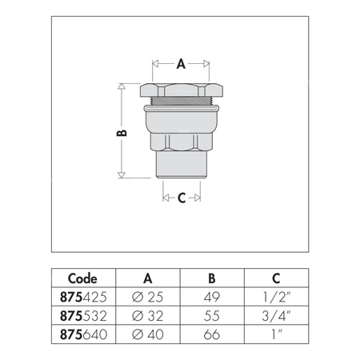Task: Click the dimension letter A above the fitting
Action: pyautogui.click(x=181, y=65)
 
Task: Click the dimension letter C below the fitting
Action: pyautogui.click(x=181, y=198)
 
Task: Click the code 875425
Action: pyautogui.click(x=83, y=295)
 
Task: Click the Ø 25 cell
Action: pyautogui.click(x=148, y=295)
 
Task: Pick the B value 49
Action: pyautogui.click(x=210, y=295)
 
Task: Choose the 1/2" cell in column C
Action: pyautogui.click(x=274, y=295)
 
